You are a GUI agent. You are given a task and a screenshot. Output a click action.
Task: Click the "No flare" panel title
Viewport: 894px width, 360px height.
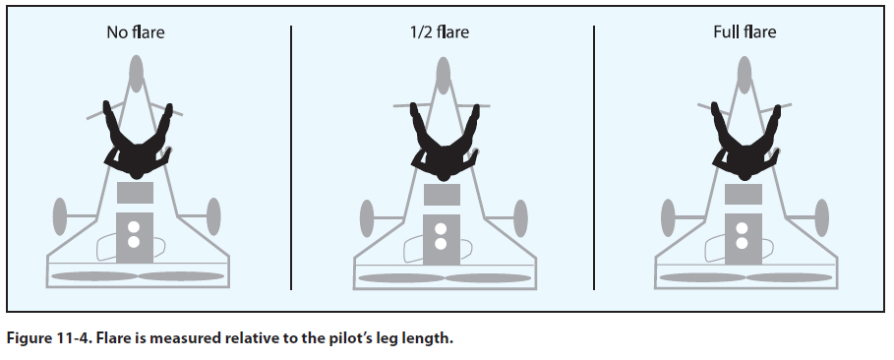coord(136,31)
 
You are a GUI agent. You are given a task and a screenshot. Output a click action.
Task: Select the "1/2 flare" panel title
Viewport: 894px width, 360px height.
coord(439,31)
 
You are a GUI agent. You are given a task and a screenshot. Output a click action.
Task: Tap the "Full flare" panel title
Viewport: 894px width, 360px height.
coord(745,31)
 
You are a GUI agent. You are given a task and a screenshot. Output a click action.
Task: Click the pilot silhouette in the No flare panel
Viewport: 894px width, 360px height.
coord(138,144)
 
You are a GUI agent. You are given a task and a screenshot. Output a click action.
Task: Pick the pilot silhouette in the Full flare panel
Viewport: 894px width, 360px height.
coord(745,145)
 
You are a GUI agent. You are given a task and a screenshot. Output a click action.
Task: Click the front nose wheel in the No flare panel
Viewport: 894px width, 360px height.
coord(136,74)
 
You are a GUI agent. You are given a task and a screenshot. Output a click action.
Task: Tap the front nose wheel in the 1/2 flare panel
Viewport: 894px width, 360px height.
coord(443,76)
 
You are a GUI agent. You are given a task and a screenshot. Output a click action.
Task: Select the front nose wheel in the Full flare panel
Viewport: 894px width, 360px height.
coord(745,75)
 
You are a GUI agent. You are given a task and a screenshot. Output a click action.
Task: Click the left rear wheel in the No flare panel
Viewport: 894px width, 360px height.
coord(60,216)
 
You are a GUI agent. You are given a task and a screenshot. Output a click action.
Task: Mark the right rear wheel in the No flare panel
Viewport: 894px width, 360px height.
coord(213,216)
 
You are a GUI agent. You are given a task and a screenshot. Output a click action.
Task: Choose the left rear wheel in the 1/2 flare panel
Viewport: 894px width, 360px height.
coord(367,218)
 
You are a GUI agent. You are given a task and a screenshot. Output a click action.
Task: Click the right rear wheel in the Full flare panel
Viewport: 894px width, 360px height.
coord(821,218)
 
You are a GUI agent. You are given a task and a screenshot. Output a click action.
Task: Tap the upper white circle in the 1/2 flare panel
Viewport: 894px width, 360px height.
coord(441,230)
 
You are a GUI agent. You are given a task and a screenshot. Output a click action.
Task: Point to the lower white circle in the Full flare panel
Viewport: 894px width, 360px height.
coord(742,243)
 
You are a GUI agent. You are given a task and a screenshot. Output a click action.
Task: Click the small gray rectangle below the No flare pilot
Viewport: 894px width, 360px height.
coord(135,193)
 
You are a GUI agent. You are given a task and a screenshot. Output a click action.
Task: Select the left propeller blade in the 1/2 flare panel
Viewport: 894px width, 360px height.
coord(401,278)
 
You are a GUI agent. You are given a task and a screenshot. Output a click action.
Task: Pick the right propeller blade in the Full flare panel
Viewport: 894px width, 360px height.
coord(789,277)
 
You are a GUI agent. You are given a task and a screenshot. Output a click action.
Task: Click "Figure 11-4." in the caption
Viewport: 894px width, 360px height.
coord(47,338)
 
